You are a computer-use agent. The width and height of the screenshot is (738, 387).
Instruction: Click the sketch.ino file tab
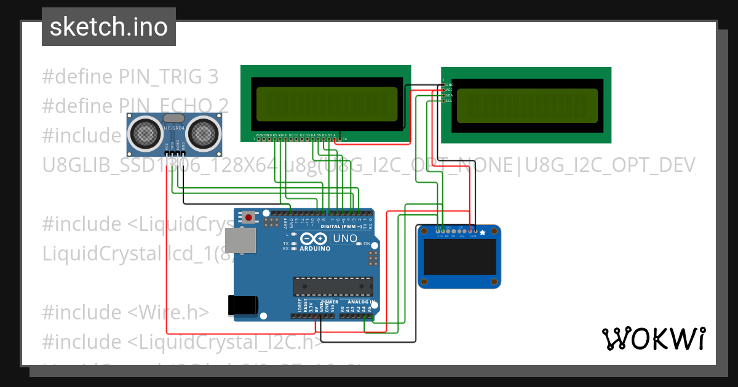point(108,27)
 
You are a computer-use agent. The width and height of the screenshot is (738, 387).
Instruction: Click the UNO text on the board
point(344,238)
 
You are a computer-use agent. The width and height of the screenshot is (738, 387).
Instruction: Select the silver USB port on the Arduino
point(240,241)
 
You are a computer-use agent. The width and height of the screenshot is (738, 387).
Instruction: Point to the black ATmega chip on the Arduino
point(333,286)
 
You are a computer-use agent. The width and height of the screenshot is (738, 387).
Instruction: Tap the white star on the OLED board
point(482,232)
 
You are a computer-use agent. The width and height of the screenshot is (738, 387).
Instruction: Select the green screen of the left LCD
point(326,103)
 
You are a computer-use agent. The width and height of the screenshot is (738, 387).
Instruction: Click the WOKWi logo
point(653,338)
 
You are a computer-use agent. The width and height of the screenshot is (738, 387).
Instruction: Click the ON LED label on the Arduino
point(367,244)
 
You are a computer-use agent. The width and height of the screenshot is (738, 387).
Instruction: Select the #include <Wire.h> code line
point(125,312)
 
